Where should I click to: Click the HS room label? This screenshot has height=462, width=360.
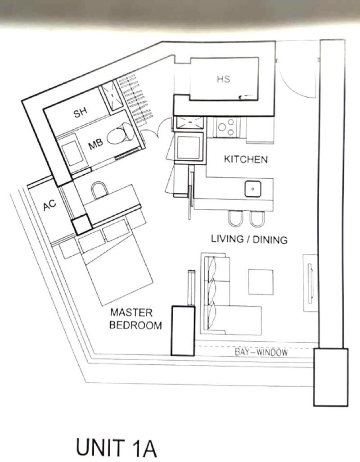click(x=223, y=79)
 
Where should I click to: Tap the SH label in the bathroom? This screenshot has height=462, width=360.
click(x=81, y=112)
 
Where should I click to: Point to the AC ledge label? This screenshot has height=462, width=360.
click(x=49, y=204)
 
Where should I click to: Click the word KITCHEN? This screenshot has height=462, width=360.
click(x=246, y=159)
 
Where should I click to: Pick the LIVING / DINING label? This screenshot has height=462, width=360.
click(x=249, y=239)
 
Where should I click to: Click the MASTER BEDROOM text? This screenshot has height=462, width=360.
click(x=136, y=318)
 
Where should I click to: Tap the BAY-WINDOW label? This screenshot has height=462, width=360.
click(x=261, y=352)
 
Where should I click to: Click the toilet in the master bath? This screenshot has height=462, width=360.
click(x=120, y=135)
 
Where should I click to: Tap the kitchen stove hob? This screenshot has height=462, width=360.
click(x=226, y=127)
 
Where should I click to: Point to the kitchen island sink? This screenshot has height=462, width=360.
click(x=252, y=189)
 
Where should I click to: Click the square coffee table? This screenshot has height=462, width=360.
click(x=261, y=282)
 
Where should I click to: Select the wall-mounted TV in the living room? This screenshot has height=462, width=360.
click(x=310, y=283)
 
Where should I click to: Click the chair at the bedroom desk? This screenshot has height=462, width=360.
click(x=99, y=190)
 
